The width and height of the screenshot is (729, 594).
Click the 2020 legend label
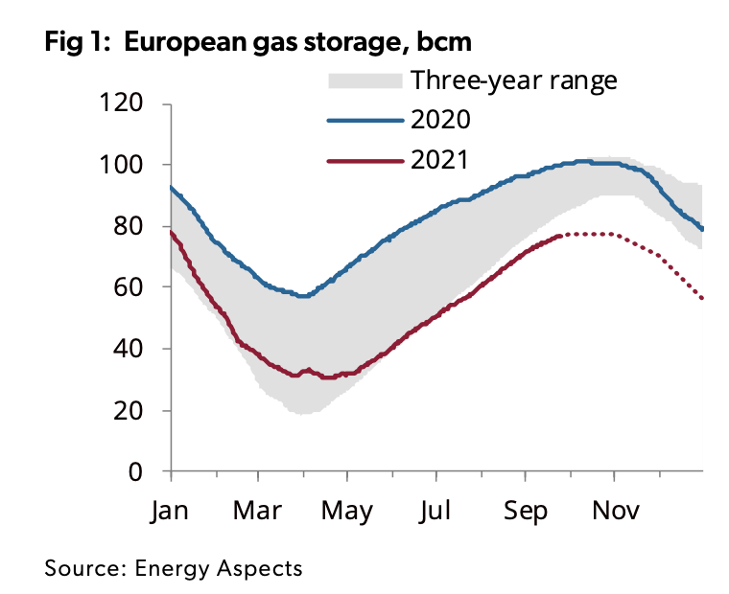pyautogui.click(x=439, y=120)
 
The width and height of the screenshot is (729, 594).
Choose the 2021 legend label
pyautogui.click(x=439, y=160)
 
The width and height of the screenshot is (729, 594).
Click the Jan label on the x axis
pyautogui.click(x=171, y=511)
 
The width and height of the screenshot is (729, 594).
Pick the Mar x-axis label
pyautogui.click(x=258, y=511)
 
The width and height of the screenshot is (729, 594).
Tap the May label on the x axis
pyautogui.click(x=346, y=511)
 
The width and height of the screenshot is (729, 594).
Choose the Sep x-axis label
pyautogui.click(x=526, y=511)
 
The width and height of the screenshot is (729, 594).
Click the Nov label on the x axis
pyautogui.click(x=614, y=511)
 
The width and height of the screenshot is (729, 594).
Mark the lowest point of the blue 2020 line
pyautogui.click(x=304, y=296)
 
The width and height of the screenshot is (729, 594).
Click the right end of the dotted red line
pyautogui.click(x=702, y=299)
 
